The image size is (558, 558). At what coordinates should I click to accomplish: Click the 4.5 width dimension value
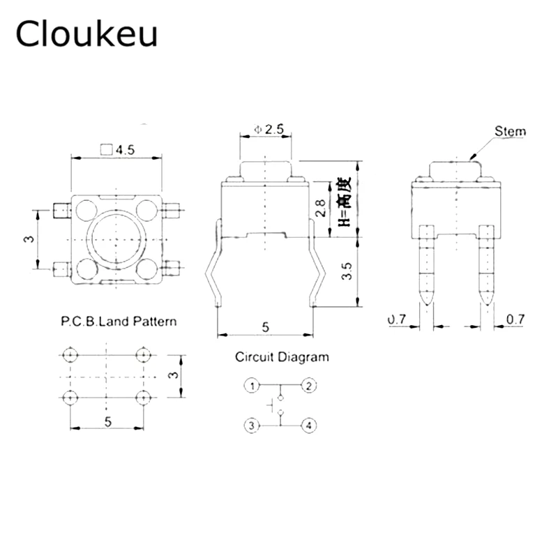[x=123, y=149]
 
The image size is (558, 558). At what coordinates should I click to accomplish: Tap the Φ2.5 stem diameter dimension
[x=268, y=129]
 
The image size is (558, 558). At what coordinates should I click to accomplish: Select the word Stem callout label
[x=510, y=131]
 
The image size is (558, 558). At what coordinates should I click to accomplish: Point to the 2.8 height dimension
[x=320, y=207]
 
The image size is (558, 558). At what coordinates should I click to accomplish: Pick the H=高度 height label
[x=343, y=202]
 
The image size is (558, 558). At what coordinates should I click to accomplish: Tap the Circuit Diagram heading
[x=281, y=358]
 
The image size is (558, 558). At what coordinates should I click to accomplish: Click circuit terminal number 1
[x=252, y=385]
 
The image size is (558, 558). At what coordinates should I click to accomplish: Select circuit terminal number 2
[x=309, y=385]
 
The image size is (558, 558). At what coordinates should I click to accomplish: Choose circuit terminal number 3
[x=252, y=424]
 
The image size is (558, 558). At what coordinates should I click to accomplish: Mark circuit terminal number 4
[x=309, y=424]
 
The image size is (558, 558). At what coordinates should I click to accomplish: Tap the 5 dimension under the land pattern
[x=107, y=421]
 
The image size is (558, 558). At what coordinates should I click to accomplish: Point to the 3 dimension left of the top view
[x=29, y=239]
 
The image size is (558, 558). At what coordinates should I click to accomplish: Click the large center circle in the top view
[x=115, y=239]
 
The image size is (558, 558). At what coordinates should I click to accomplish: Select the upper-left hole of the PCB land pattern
[x=69, y=356]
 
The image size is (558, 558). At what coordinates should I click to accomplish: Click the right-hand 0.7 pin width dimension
[x=515, y=320]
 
